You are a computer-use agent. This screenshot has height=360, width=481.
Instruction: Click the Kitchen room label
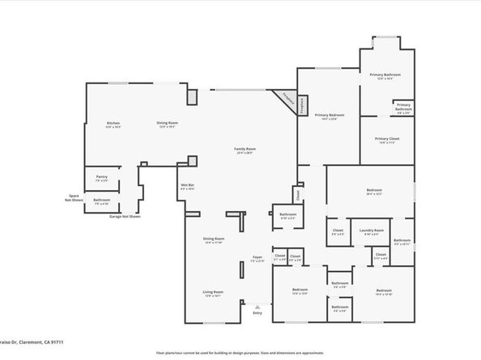click(x=113, y=124)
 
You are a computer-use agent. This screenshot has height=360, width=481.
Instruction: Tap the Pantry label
click(x=101, y=177)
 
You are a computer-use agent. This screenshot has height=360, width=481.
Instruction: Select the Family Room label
click(x=245, y=150)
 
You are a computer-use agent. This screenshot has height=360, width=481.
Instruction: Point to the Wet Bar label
click(x=187, y=188)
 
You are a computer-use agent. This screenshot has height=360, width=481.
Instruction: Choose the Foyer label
click(x=257, y=259)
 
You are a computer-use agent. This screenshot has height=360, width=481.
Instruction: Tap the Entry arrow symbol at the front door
click(x=258, y=307)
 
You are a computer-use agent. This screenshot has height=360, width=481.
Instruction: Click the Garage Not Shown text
click(x=126, y=217)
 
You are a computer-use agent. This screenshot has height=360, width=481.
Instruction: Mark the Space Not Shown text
click(x=74, y=198)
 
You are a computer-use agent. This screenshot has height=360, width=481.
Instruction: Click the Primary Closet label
click(x=387, y=140)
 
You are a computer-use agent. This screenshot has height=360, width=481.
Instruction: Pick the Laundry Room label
click(x=372, y=231)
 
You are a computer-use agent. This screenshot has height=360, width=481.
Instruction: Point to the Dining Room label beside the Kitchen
click(x=167, y=124)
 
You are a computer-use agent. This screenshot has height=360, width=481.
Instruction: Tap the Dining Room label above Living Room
click(x=214, y=240)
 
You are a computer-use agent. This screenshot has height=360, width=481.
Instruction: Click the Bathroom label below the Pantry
click(x=102, y=201)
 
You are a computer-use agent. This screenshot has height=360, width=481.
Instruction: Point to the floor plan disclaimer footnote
click(x=240, y=354)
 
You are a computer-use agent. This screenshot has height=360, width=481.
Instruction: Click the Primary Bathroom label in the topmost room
click(x=388, y=76)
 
